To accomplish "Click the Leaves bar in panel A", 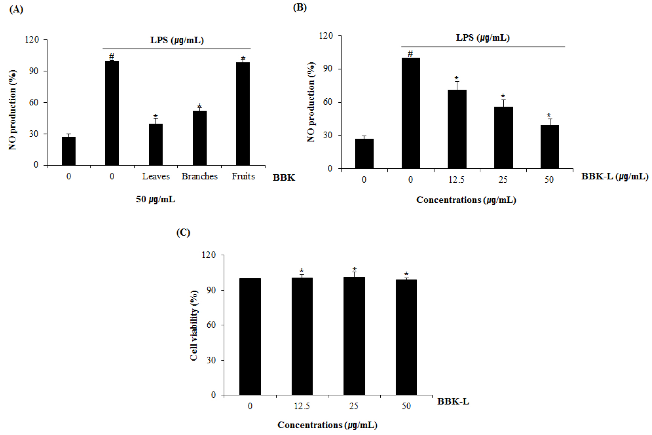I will point(156,145).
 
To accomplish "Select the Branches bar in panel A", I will point(199,138).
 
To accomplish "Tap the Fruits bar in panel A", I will point(243,114).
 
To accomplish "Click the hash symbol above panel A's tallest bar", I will point(112,56).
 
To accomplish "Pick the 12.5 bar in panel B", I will point(457,129).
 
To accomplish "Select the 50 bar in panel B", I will point(549,147).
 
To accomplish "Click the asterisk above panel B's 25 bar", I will point(503,96).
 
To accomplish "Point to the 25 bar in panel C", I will point(354,336).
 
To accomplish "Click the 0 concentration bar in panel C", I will point(250,337).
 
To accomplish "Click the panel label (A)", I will point(16,9).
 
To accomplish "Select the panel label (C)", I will point(183,232).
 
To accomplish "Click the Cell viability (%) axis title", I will point(194,325).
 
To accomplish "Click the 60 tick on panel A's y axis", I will point(34,102).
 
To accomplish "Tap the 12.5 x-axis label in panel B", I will point(456,180).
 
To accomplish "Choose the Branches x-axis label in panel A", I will point(199,176).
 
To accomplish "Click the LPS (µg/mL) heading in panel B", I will point(483,38).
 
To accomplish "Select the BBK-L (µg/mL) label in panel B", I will point(615,176).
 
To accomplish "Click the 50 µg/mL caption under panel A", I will point(155,199).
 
